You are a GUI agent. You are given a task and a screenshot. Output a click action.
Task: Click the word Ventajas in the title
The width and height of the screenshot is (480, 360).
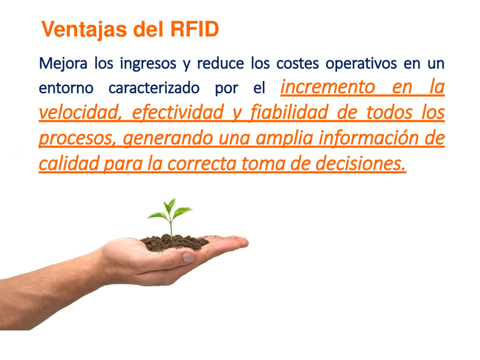click(84, 30)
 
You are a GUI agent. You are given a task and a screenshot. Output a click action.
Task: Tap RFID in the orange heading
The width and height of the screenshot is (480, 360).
click(194, 29)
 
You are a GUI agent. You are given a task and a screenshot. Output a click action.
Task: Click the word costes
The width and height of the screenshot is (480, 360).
click(298, 64)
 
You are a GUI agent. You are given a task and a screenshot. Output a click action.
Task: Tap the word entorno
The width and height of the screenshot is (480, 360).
click(66, 88)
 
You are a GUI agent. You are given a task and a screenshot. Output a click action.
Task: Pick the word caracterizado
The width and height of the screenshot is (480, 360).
click(154, 88)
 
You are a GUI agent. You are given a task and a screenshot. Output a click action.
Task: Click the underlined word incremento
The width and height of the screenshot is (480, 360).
click(328, 87)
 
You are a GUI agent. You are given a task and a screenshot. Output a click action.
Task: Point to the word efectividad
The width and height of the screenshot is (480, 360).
click(178, 113)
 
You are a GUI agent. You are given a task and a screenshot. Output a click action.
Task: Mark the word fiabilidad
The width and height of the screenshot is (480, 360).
click(289, 113)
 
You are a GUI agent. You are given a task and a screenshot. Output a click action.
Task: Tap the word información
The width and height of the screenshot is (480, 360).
click(369, 138)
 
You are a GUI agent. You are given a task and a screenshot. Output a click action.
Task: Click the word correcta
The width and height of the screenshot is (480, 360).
click(202, 164)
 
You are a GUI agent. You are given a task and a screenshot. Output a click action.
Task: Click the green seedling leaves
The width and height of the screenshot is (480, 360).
click(170, 210)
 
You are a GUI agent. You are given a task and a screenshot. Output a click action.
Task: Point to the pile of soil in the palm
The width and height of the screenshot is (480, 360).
click(174, 243)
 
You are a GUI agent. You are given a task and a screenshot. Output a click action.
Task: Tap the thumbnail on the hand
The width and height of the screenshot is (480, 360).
click(188, 257)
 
